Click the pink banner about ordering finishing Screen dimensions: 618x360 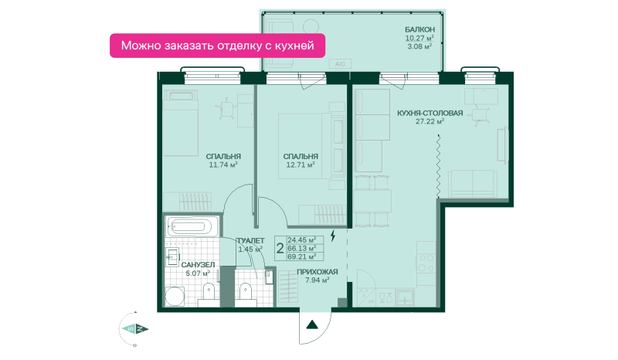click(217, 46)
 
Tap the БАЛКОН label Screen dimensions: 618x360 click(419, 29)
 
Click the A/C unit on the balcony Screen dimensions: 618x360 click(340, 64)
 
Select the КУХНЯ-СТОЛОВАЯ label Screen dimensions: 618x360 click(430, 113)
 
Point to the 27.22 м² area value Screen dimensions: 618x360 click(430, 121)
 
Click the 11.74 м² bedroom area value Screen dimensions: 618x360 click(223, 165)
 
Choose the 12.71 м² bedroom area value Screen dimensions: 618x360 click(301, 165)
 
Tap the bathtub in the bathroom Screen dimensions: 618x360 click(192, 226)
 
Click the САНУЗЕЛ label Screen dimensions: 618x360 click(198, 265)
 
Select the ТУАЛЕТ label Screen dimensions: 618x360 click(250, 241)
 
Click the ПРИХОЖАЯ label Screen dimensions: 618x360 click(317, 272)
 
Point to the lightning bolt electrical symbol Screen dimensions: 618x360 click(333, 236)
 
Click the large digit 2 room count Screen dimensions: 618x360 click(280, 249)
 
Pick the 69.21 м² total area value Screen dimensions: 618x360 click(302, 256)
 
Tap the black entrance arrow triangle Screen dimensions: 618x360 click(313, 324)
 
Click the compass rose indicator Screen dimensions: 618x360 click(134, 329)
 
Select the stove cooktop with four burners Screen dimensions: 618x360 click(426, 263)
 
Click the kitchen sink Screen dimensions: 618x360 click(405, 297)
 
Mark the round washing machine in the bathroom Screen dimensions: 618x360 click(175, 297)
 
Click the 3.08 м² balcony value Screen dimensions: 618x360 click(419, 46)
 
